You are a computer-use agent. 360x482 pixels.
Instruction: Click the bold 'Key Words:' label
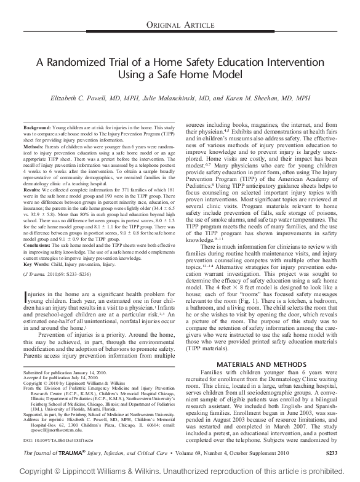pos(36,262)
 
